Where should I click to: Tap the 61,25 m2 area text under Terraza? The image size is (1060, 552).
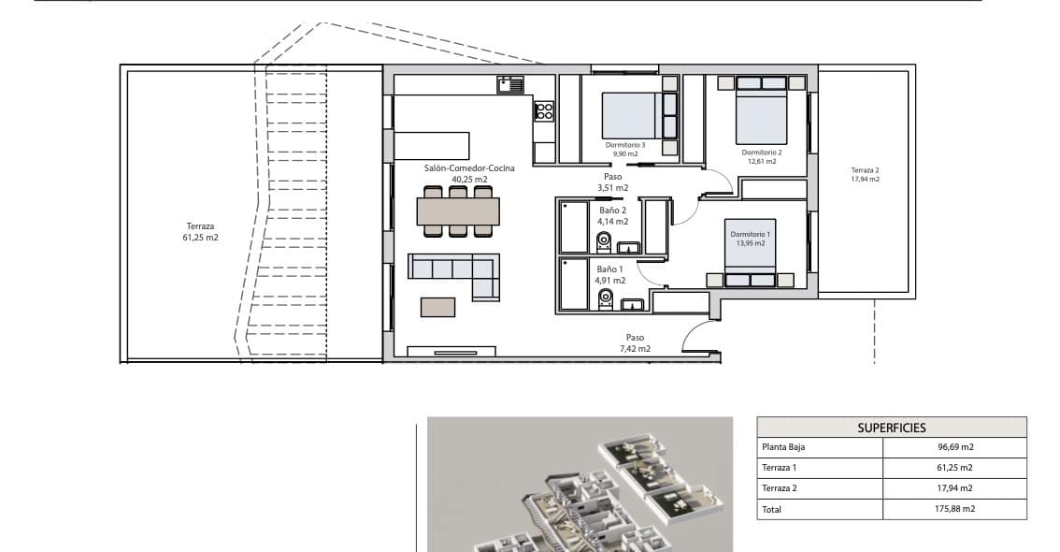(200, 238)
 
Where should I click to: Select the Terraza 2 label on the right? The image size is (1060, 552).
(865, 170)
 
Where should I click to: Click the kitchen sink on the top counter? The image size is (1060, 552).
(510, 84)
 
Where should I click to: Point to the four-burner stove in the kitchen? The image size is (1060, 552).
(543, 111)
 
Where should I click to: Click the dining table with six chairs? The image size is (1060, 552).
(458, 211)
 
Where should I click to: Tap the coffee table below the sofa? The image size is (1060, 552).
(437, 307)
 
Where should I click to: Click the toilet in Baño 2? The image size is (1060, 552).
(604, 242)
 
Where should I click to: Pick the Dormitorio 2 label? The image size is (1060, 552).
(762, 152)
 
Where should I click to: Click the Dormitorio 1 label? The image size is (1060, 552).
(751, 234)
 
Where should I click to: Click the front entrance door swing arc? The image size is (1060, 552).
(697, 335)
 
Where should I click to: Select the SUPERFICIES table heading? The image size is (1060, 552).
(891, 428)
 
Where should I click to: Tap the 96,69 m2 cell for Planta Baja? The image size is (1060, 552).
(953, 447)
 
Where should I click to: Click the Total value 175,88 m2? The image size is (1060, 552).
(953, 509)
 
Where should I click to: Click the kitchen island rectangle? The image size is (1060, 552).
(431, 145)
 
